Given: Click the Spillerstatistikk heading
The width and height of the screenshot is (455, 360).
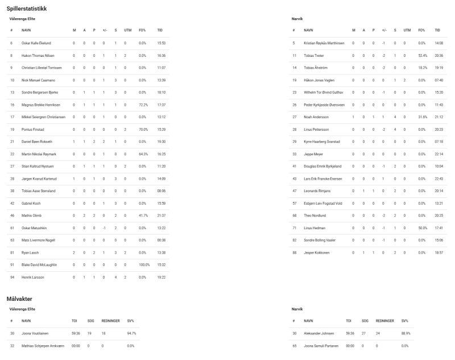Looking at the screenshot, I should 27,10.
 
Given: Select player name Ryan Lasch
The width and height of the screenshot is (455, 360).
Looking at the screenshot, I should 30,253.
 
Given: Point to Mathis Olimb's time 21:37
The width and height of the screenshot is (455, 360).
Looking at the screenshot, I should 162,216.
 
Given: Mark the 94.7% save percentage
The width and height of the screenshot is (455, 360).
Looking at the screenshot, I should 131,333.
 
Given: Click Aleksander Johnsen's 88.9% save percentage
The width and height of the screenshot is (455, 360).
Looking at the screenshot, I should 406,333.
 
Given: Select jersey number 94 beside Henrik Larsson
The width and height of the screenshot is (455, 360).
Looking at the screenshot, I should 11,277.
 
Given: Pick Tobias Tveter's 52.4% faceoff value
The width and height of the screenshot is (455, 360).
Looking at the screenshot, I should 422,55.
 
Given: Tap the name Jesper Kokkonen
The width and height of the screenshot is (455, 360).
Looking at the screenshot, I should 317,253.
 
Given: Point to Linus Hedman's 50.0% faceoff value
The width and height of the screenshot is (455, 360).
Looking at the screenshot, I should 422,227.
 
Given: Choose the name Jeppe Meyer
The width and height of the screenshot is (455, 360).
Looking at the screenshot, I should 313,154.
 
